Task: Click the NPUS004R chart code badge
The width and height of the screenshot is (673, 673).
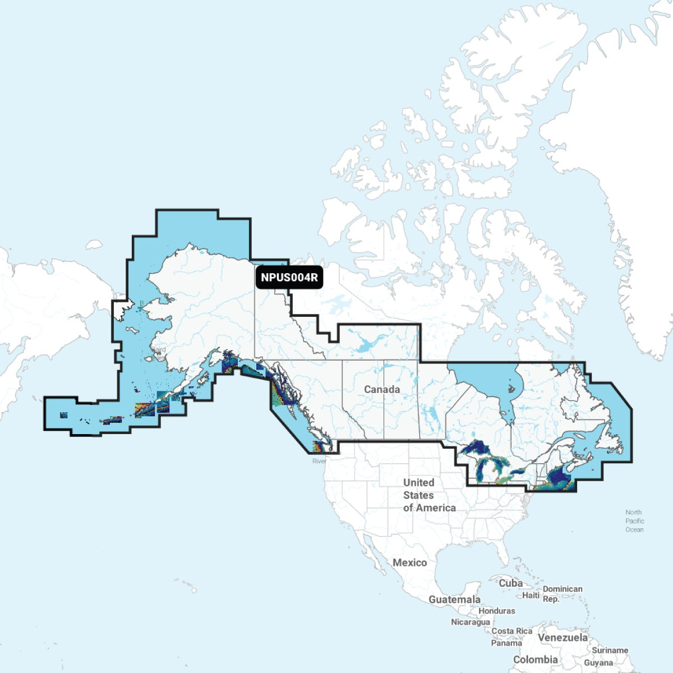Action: click(x=289, y=277)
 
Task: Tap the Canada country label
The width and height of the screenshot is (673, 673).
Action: click(x=382, y=389)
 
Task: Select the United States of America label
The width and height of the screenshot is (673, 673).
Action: click(x=428, y=495)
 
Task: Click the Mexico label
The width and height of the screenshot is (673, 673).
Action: click(x=409, y=563)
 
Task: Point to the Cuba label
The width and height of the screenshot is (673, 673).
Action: click(x=510, y=583)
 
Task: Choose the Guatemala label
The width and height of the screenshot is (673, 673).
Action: click(x=454, y=600)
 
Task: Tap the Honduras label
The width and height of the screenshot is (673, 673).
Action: click(x=496, y=611)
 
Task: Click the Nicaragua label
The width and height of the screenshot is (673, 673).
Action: click(x=470, y=622)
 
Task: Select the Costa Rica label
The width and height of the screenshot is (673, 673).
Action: click(x=511, y=631)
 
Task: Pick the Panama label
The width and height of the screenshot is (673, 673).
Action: click(x=506, y=643)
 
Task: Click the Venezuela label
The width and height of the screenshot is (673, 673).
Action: click(x=563, y=638)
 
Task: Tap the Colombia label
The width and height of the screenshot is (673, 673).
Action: click(x=536, y=660)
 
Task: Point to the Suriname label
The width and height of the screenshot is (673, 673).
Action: click(x=610, y=651)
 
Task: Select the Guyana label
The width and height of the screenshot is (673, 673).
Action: click(x=598, y=663)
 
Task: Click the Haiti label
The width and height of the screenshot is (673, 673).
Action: click(x=531, y=595)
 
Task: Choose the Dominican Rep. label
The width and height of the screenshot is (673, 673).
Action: click(x=562, y=594)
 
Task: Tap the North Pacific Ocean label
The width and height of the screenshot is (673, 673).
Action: click(x=634, y=521)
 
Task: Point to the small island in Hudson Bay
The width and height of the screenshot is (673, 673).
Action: click(x=510, y=388)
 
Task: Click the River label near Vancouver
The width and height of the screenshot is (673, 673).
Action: click(x=319, y=461)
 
